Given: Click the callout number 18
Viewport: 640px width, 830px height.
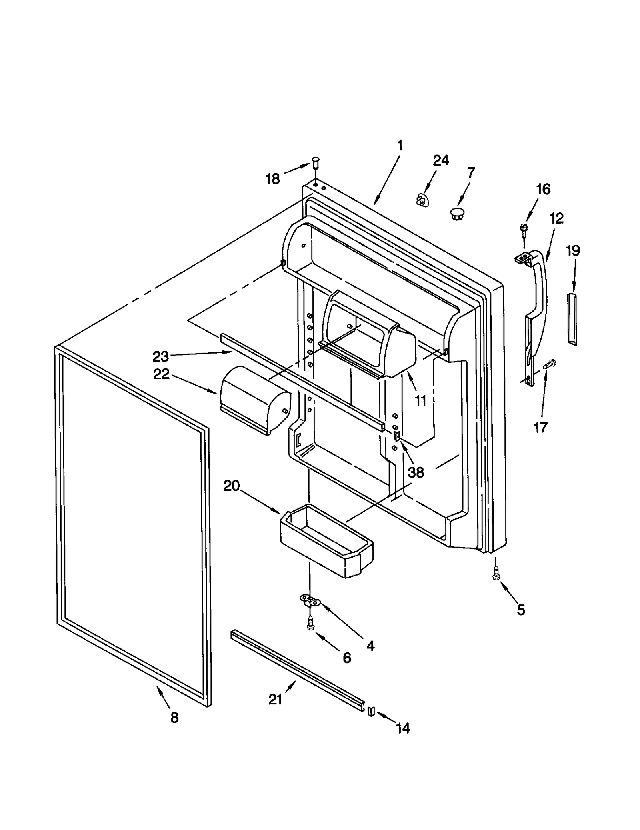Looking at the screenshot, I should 273,179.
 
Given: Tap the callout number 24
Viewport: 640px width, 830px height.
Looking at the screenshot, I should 441,160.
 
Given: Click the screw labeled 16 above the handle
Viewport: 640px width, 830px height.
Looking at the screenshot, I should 522,229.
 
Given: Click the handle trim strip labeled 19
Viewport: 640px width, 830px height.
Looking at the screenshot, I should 572,318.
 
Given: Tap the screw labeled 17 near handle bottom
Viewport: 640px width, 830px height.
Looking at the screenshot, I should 550,364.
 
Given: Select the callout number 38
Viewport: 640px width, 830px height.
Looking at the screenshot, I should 416,472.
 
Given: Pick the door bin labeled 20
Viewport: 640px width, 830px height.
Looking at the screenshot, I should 326,542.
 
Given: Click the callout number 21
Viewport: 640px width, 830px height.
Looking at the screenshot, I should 275,700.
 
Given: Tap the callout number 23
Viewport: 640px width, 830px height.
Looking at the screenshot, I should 160,356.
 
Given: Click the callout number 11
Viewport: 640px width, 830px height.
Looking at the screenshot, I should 420,400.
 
